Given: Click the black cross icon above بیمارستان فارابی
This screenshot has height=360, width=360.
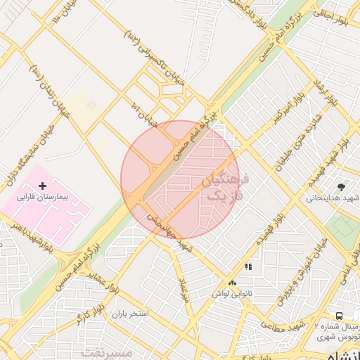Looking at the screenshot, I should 43,186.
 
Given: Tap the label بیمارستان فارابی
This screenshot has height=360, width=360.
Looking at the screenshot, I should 43,198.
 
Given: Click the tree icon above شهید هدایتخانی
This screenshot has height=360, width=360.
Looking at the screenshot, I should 341,186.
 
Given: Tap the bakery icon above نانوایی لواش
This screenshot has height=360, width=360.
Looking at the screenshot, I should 233,282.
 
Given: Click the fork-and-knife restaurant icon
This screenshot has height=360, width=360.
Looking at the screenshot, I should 247,267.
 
